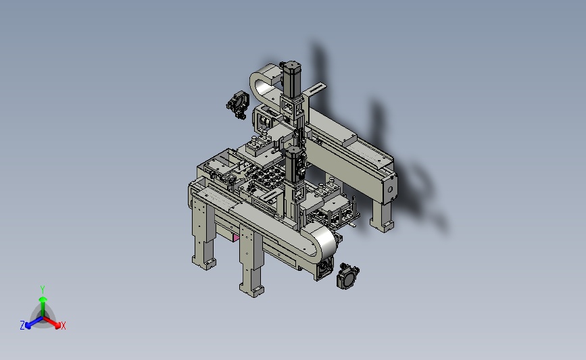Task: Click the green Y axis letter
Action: point(42,290)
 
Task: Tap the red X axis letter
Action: point(64,326)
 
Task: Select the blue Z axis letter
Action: point(22,326)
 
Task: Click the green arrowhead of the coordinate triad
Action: point(43,299)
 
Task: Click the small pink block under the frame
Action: point(236,238)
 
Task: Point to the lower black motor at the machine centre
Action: point(295,164)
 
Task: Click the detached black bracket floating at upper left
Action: point(238,105)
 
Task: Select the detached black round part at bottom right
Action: point(347,276)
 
